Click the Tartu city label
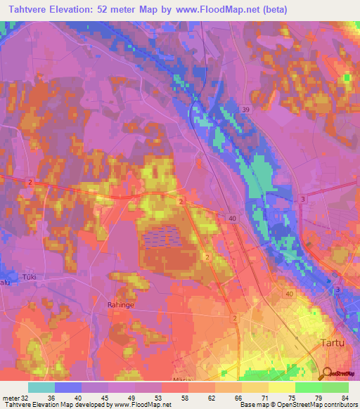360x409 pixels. (x=324, y=342)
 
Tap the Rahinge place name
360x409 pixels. (x=121, y=304)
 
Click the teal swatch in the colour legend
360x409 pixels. (x=41, y=387)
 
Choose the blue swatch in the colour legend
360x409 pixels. (x=68, y=387)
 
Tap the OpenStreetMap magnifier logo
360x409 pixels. (x=327, y=375)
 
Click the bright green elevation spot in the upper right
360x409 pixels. (x=347, y=77)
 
